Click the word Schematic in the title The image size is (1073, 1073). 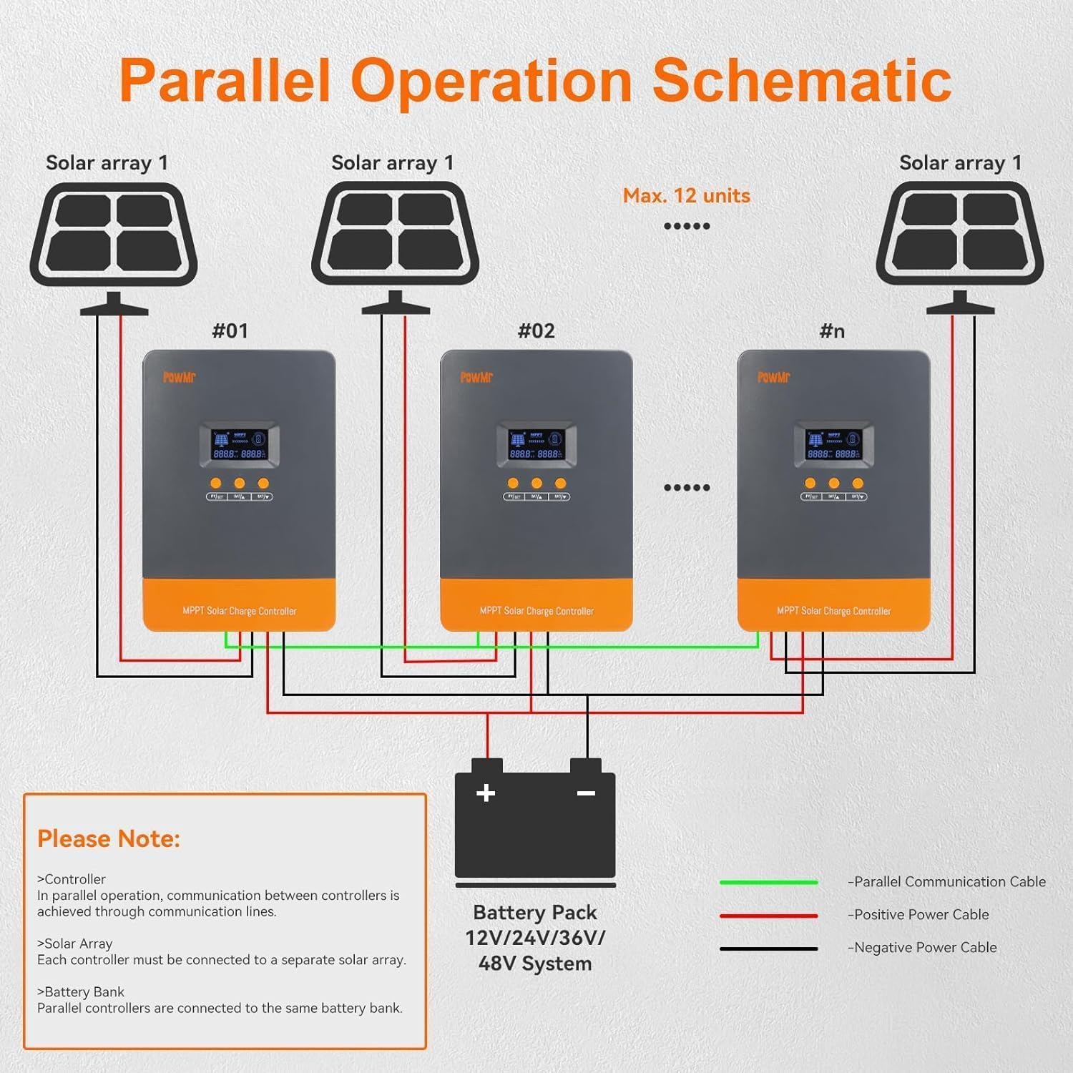(801, 80)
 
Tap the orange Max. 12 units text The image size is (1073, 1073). (686, 196)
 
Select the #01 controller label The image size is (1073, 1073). (230, 330)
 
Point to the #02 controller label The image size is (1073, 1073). (536, 330)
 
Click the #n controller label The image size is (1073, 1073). (832, 330)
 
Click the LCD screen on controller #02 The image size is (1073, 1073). (536, 444)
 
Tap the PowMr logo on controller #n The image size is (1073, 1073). (773, 377)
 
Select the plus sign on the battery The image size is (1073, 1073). (486, 793)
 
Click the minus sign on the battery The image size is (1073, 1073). (586, 793)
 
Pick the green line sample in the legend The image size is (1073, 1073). (768, 882)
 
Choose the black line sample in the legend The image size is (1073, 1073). (768, 949)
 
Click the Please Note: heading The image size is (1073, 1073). (109, 838)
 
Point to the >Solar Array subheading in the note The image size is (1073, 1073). (75, 944)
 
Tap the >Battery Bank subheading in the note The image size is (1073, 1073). (81, 992)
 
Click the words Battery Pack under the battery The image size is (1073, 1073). (535, 913)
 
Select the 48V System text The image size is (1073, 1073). (535, 964)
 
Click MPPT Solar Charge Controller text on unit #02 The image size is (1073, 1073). (536, 611)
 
